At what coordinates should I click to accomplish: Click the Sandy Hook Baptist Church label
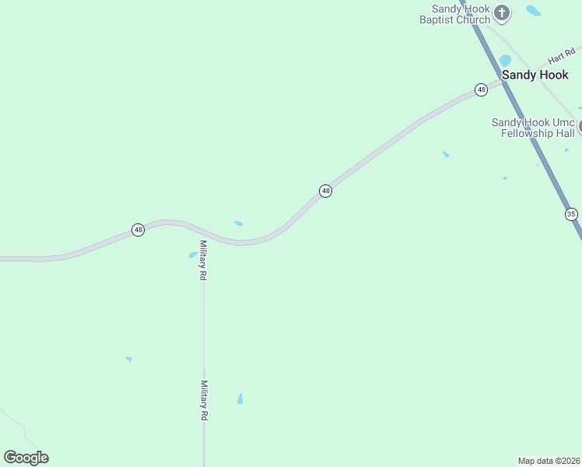coord(455,14)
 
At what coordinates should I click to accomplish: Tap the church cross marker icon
coord(502,12)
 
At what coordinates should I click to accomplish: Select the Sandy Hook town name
coord(535,75)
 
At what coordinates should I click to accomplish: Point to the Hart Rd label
coord(560,57)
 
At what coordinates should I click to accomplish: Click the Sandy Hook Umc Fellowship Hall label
coord(532,128)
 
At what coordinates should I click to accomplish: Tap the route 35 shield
coord(571,213)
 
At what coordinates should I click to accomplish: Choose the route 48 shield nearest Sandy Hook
coord(481,90)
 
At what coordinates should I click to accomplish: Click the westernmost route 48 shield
coord(138,230)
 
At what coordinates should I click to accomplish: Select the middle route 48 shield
coord(325,191)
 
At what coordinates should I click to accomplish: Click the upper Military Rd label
coord(203,260)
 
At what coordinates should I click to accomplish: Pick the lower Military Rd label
coord(204,400)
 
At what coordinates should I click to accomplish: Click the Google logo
coord(26,458)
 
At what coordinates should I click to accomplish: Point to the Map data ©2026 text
coord(549,460)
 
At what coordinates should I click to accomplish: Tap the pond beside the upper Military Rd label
coord(192,255)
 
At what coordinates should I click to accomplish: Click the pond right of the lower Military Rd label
coord(240,399)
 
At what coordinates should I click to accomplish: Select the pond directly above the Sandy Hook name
coord(505,61)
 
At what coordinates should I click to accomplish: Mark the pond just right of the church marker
coord(533,11)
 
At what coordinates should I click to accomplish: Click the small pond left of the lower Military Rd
coord(128,359)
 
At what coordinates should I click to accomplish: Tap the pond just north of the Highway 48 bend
coord(238,223)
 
